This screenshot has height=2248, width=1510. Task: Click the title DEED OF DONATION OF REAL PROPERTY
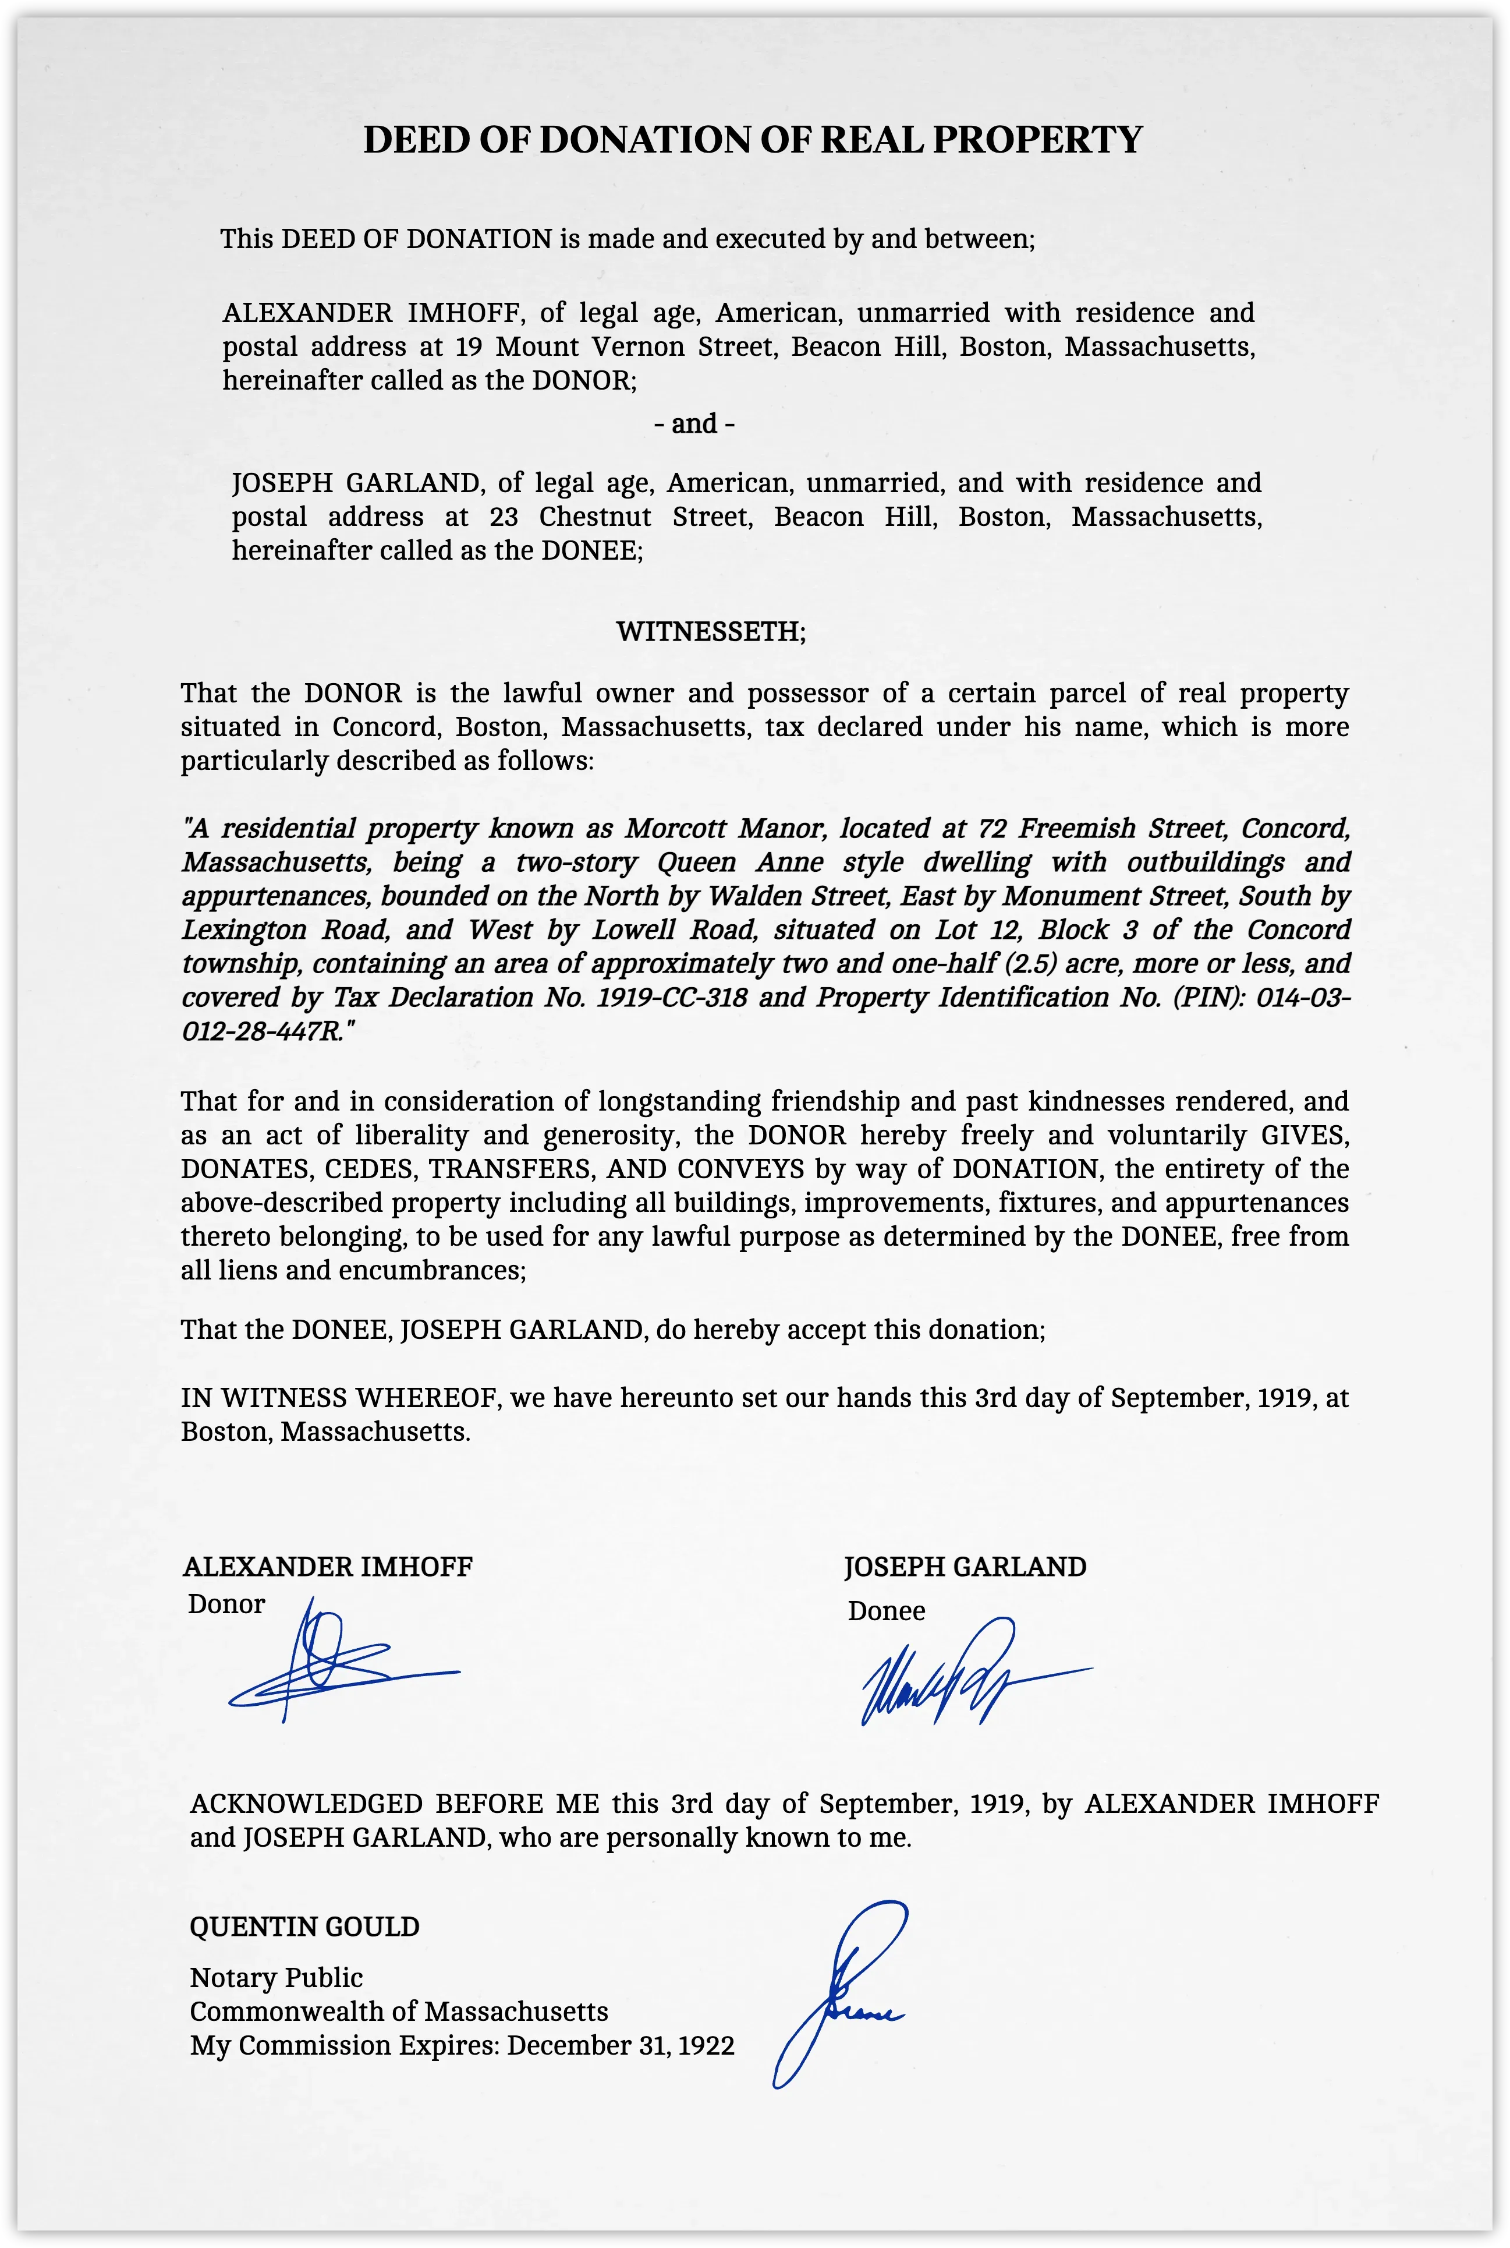752,140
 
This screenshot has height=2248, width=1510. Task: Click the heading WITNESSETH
711,632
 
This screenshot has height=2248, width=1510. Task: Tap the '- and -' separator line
694,424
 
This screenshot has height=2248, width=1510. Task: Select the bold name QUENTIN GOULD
304,1927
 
